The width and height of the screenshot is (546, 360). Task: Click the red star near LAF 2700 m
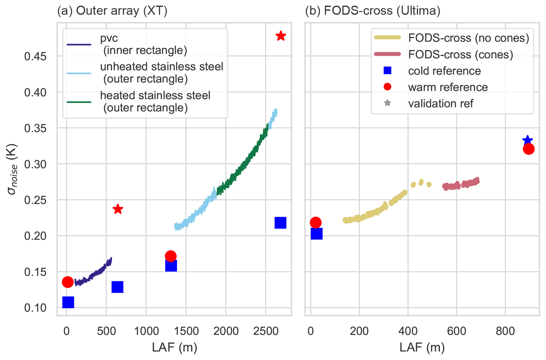tap(281, 36)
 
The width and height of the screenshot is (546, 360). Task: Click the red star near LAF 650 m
tap(118, 209)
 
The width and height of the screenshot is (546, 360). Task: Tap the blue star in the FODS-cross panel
tap(527, 140)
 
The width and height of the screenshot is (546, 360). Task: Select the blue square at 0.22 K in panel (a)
tap(280, 223)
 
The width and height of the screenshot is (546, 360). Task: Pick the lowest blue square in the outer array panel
tap(68, 302)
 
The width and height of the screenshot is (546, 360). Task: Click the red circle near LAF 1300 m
tap(170, 256)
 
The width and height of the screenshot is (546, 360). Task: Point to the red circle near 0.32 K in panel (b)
tap(529, 149)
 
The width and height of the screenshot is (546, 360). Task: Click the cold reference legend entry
tap(444, 71)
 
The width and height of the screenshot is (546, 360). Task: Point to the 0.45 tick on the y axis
tap(35, 56)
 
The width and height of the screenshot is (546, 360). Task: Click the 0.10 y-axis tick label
tap(35, 308)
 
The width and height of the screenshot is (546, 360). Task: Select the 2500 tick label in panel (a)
tap(265, 331)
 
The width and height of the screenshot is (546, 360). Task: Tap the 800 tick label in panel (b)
tap(505, 331)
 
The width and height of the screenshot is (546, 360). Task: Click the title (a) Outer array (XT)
tap(112, 11)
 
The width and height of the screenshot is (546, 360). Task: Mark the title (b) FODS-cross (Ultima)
tap(373, 11)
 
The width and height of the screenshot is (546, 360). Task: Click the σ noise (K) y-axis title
tap(13, 169)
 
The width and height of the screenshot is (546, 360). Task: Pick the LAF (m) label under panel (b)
tap(422, 347)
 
